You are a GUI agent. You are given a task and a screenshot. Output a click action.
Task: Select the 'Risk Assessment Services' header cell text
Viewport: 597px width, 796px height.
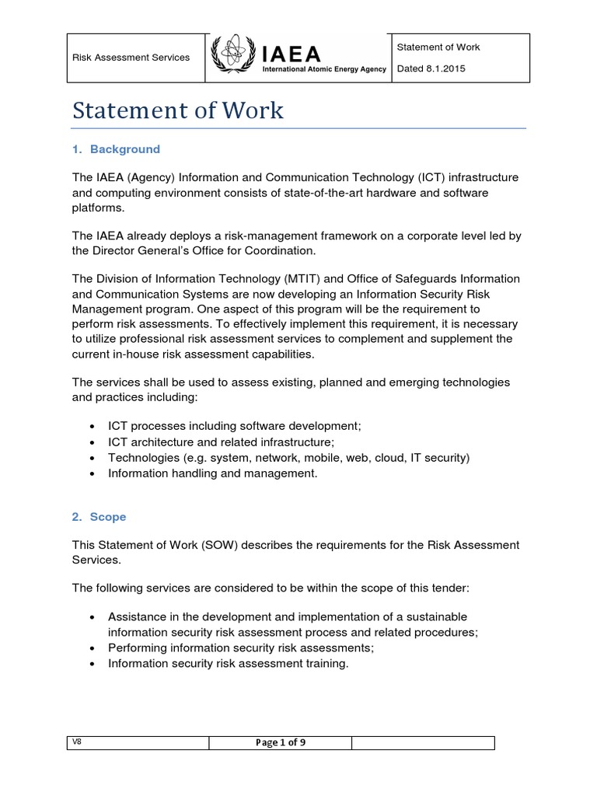tap(131, 58)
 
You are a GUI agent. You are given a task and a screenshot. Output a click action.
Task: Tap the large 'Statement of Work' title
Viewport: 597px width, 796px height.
tap(178, 110)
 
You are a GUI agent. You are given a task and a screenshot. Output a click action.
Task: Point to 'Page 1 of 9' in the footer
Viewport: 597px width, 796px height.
tap(280, 742)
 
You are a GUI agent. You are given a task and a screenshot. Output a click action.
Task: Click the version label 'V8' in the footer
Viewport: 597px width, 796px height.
tap(77, 742)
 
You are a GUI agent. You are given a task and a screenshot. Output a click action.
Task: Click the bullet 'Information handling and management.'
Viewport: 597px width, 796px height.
tap(213, 473)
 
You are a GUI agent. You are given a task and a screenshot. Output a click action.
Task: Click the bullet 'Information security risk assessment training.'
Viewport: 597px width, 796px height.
tap(229, 663)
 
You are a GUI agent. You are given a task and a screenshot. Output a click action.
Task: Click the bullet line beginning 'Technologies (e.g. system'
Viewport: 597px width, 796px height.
tap(288, 458)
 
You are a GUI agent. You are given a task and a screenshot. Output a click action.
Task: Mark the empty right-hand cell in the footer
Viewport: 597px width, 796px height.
tap(423, 742)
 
